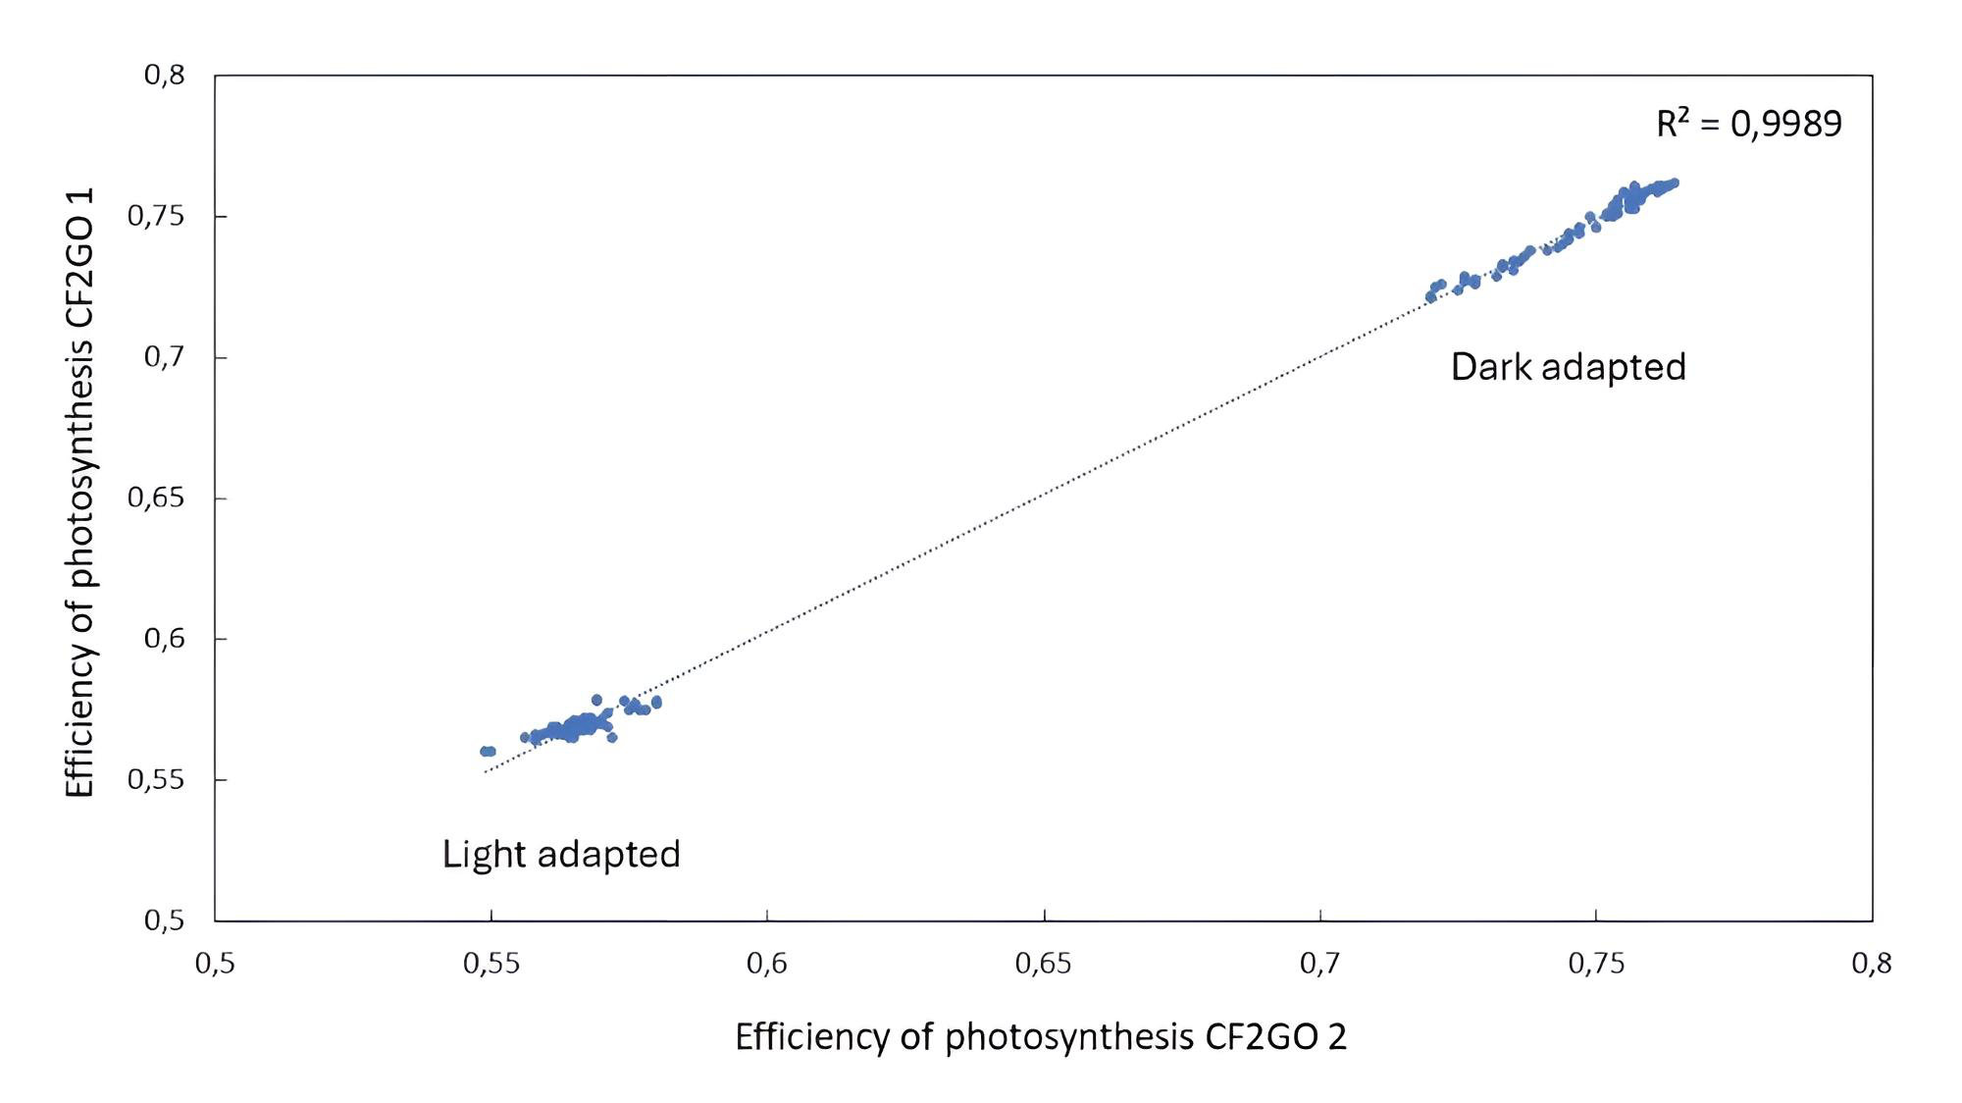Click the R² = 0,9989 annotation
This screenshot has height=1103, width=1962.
(x=1749, y=124)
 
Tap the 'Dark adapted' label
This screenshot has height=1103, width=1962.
(x=1568, y=367)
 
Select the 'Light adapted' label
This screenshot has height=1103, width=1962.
(x=561, y=855)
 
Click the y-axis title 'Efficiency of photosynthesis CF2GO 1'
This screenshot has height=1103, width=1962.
(x=79, y=493)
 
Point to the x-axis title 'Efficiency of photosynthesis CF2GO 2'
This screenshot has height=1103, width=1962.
(x=1041, y=1037)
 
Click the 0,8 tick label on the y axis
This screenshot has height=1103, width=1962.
(x=164, y=76)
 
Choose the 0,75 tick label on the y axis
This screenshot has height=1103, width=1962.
(x=156, y=216)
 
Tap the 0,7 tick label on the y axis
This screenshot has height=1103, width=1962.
(x=164, y=357)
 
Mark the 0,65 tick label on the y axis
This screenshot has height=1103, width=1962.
(x=156, y=498)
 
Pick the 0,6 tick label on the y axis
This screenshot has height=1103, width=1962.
(x=164, y=639)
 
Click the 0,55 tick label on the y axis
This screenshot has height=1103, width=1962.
(x=156, y=780)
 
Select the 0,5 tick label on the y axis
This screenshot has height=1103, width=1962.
(x=164, y=920)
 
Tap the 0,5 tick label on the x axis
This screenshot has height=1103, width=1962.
(x=215, y=965)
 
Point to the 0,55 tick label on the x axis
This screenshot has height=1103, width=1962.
(x=491, y=965)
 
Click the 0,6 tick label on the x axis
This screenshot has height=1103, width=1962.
(x=767, y=965)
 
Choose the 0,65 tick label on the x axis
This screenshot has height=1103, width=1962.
(x=1044, y=965)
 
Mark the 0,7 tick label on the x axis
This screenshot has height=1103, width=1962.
(x=1320, y=965)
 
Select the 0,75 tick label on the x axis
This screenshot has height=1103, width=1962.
(x=1596, y=965)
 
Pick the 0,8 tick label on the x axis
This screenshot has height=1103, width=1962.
(x=1872, y=965)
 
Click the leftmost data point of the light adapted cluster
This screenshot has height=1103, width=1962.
(x=484, y=752)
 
